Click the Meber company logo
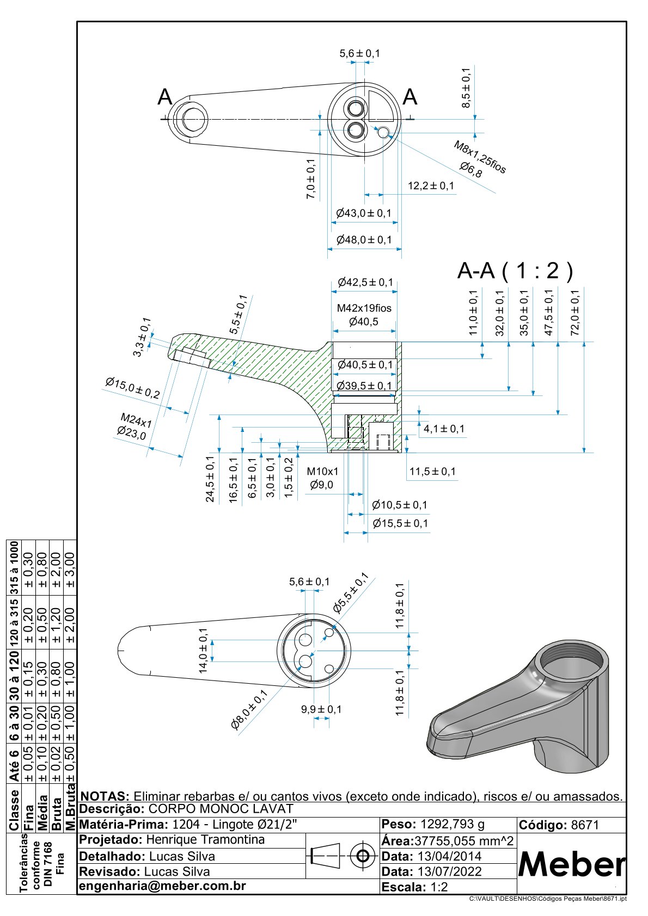[571, 863]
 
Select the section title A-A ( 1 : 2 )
[515, 270]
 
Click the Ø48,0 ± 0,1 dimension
[364, 239]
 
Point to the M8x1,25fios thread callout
[480, 157]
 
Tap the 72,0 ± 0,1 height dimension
[575, 312]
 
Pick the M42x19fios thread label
[364, 308]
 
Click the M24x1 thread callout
[136, 420]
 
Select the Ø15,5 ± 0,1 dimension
[400, 523]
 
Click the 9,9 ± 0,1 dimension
[321, 709]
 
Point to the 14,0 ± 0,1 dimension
[204, 651]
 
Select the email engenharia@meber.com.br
[163, 886]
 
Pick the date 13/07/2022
[449, 871]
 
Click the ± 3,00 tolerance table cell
[70, 570]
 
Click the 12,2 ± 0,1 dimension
[431, 186]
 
